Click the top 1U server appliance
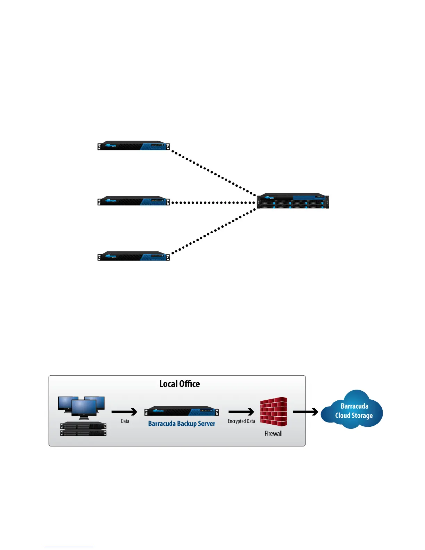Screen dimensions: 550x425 [134, 146]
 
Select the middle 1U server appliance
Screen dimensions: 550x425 [134, 201]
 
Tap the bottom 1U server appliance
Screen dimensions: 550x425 [134, 256]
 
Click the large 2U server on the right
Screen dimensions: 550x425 [293, 201]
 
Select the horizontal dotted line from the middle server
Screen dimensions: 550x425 [213, 202]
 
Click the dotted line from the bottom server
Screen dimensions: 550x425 [213, 231]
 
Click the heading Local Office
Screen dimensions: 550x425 [180, 384]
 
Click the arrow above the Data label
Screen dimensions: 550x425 [124, 412]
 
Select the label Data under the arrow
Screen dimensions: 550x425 [125, 421]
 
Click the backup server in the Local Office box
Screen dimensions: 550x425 [182, 411]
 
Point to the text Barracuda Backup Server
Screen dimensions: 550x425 [182, 424]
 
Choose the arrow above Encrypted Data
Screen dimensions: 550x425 [241, 412]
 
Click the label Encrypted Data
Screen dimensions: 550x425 [241, 421]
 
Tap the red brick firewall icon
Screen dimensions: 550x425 [274, 412]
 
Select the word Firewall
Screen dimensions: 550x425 [274, 434]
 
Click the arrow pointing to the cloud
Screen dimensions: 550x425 [305, 412]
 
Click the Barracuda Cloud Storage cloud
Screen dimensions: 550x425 [352, 410]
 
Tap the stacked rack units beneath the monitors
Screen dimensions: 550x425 [83, 429]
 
